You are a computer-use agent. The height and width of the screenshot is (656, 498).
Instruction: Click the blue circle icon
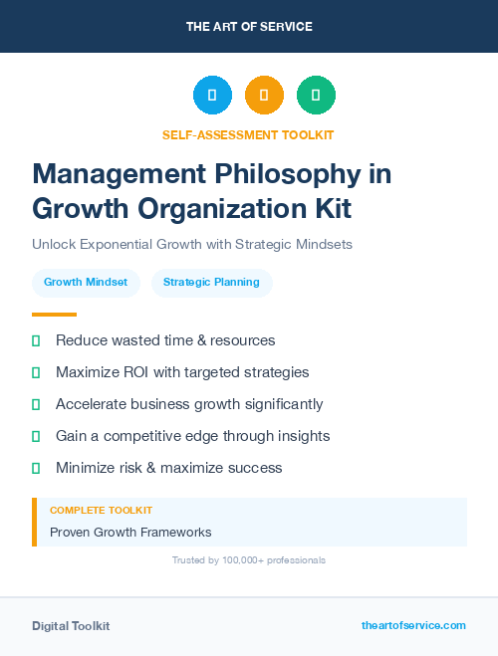point(212,96)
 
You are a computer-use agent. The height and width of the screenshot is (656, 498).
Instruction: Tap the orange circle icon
point(264,96)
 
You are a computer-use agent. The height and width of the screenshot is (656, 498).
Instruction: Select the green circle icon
point(316,96)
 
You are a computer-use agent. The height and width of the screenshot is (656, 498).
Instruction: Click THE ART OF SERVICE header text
point(249,27)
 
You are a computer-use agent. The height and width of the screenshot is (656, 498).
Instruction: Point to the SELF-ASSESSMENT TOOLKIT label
point(249,134)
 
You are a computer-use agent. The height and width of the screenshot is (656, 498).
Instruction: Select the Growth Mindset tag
point(86,283)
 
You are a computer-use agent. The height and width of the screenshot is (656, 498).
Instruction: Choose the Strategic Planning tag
point(211,283)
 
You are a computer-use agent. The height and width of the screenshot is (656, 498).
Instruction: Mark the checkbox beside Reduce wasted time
point(36,340)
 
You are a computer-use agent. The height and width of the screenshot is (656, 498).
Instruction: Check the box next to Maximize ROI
point(36,372)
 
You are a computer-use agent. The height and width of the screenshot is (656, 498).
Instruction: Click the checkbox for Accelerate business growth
point(36,404)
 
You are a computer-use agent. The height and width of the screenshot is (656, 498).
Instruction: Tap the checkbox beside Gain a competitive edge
point(36,436)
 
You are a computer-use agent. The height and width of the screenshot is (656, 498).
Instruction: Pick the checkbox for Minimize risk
point(36,468)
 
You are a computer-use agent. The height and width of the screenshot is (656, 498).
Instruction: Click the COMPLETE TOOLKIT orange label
point(101,511)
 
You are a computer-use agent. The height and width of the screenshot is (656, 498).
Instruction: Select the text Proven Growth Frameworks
point(130,533)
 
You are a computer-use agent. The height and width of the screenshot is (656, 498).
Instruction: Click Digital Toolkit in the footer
point(71,626)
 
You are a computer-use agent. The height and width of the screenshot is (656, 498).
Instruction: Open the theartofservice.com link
point(413,625)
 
